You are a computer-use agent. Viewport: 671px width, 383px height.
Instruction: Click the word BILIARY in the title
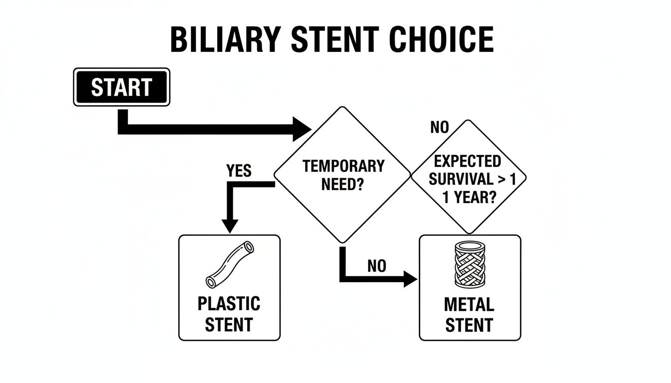click(x=223, y=39)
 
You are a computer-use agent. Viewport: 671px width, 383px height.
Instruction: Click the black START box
click(x=121, y=87)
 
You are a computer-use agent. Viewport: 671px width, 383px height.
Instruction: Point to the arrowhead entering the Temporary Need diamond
click(x=303, y=129)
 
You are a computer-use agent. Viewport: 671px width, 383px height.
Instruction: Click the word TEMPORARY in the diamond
click(x=343, y=166)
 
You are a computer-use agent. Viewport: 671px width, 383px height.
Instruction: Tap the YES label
click(x=239, y=172)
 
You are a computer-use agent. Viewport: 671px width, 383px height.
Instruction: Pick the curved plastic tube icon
click(x=230, y=264)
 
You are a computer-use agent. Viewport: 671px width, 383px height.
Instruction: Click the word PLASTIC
click(x=229, y=303)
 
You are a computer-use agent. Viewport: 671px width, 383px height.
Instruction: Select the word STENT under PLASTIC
click(x=229, y=324)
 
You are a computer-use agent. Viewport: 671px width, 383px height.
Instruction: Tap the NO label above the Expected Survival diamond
click(x=439, y=128)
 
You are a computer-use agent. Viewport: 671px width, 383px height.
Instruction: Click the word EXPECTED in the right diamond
click(x=467, y=162)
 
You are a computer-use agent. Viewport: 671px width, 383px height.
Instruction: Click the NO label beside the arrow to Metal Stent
click(x=377, y=266)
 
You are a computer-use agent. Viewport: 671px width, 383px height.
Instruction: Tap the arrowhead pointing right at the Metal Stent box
click(x=410, y=280)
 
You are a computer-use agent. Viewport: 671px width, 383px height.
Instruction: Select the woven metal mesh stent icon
click(x=470, y=264)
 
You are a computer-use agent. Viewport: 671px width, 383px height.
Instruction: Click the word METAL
click(x=469, y=304)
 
